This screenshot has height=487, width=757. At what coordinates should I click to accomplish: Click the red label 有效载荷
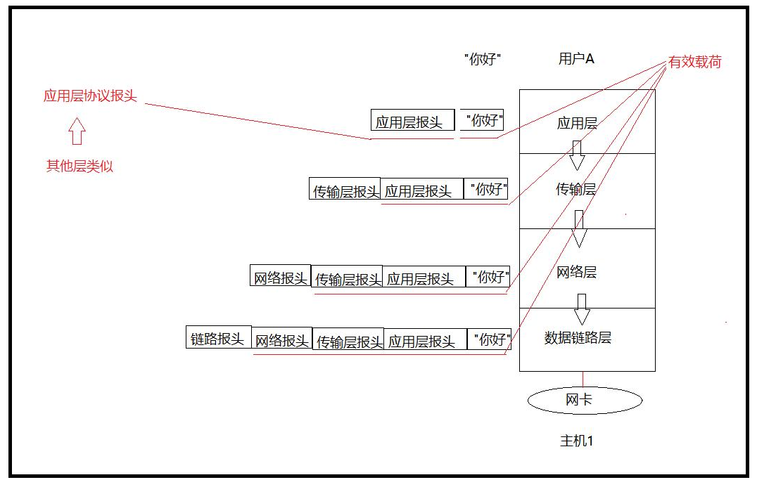(x=694, y=62)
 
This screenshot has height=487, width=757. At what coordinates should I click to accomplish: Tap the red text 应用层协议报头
(x=90, y=97)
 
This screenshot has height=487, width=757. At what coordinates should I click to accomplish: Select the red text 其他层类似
(x=79, y=167)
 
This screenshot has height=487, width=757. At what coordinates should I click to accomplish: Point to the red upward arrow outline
(x=77, y=131)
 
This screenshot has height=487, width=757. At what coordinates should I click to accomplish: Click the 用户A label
(x=576, y=59)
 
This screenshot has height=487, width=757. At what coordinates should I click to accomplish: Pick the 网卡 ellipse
(x=585, y=401)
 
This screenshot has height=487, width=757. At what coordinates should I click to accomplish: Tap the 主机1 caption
(x=577, y=441)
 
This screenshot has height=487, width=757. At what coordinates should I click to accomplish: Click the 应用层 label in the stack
(x=577, y=124)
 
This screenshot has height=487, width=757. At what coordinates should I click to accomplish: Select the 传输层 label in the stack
(x=576, y=189)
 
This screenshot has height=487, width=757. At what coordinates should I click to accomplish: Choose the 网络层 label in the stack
(x=576, y=273)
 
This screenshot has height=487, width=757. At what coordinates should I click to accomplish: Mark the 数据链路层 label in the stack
(x=578, y=338)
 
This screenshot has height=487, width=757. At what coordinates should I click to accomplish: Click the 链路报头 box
(x=218, y=337)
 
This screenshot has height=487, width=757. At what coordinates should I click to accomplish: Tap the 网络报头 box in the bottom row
(x=282, y=340)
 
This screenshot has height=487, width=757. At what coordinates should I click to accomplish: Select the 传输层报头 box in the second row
(x=345, y=190)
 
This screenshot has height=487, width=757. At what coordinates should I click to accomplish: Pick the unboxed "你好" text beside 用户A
(x=484, y=59)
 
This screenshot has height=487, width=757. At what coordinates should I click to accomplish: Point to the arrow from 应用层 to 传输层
(x=577, y=155)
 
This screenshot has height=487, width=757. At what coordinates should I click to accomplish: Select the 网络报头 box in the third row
(x=281, y=275)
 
